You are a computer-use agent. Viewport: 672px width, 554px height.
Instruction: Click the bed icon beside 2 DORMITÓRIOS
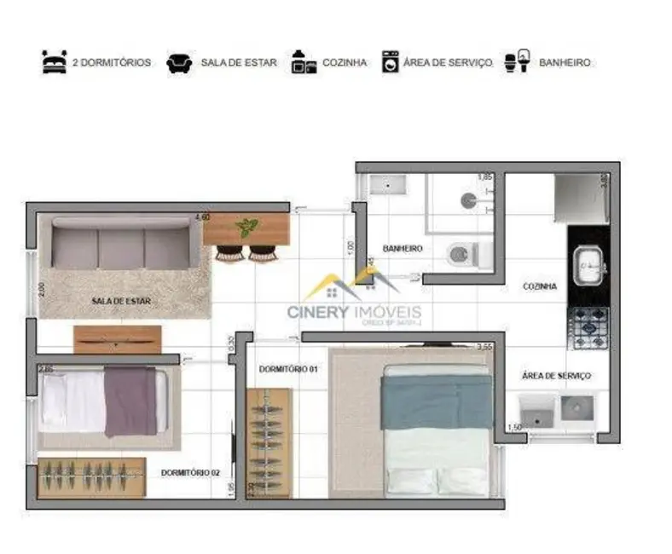54,62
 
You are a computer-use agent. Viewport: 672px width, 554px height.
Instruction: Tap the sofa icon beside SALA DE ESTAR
178,62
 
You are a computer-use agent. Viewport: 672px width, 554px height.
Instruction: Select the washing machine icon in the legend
390,62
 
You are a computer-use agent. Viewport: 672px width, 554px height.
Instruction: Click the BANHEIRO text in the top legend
565,63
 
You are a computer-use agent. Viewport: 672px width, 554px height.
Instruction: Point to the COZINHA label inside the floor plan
540,287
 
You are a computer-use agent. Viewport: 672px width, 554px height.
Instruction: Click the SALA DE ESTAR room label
120,301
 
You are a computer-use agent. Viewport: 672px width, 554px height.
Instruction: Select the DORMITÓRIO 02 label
190,472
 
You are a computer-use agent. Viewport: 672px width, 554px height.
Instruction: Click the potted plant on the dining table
246,228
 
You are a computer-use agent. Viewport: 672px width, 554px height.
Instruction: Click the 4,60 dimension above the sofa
202,217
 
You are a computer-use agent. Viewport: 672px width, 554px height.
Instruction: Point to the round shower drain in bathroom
467,199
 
